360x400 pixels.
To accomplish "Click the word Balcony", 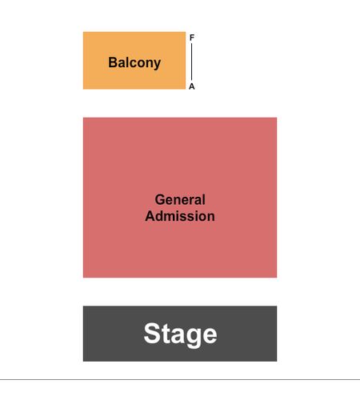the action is [x=134, y=63].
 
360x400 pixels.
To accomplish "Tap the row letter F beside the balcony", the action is [x=192, y=38].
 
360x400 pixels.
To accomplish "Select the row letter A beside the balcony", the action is [x=192, y=86].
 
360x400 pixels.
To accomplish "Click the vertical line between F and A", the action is [x=192, y=62].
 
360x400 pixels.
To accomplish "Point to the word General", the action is [x=180, y=200].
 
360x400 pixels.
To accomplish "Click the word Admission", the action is [x=180, y=216].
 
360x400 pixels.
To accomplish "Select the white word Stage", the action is [x=180, y=334].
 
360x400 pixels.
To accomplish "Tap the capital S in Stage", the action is [x=152, y=334].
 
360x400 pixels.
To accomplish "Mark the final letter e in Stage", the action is [x=209, y=336].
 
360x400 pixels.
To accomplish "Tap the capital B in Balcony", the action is [x=113, y=62].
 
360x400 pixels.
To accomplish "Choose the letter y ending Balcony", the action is [x=157, y=65].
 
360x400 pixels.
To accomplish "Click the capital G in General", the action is [x=160, y=200].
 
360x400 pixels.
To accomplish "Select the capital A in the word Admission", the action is [x=150, y=216].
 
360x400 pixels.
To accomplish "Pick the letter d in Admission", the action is [x=160, y=216].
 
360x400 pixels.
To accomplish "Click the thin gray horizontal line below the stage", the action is [x=180, y=379].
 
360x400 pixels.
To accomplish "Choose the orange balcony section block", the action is [x=134, y=61].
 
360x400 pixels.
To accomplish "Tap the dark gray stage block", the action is [x=180, y=334].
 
